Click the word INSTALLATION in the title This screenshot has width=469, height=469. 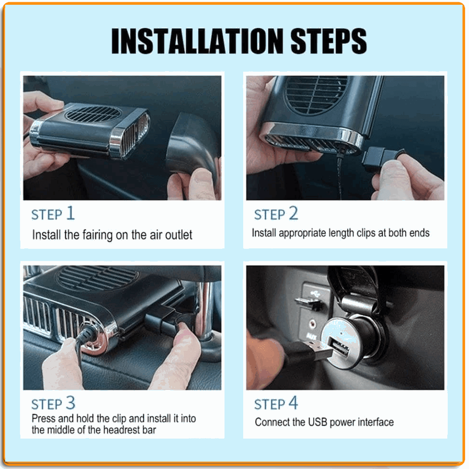[197, 41]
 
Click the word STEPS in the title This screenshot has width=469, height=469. [329, 41]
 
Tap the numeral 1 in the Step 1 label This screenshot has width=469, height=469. [70, 213]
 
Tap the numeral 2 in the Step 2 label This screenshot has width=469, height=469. [294, 213]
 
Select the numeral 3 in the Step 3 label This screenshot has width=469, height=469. [71, 403]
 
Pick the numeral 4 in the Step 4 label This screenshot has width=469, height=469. [294, 403]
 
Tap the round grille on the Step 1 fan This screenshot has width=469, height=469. [93, 114]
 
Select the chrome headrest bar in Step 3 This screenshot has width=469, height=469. [206, 311]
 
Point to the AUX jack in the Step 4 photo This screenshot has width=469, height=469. [312, 324]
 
